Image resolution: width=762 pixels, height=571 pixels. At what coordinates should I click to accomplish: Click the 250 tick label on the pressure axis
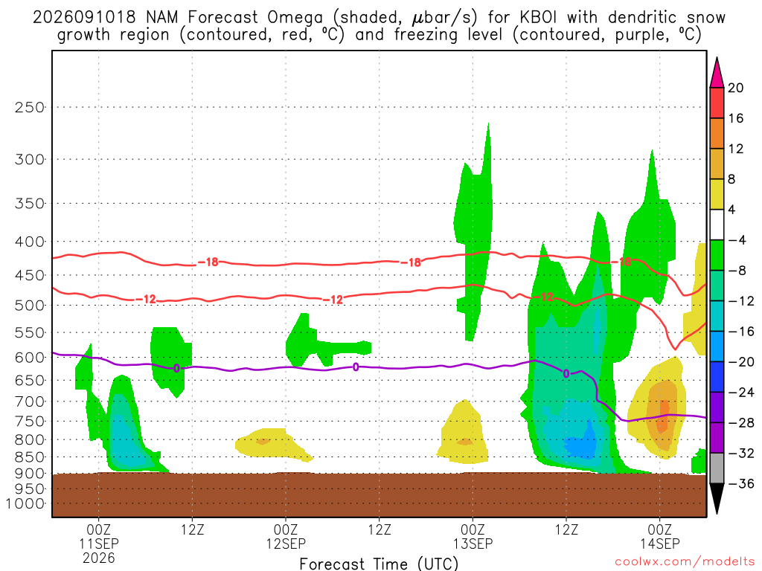coord(29,107)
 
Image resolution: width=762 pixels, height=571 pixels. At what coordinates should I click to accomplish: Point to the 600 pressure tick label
coord(29,358)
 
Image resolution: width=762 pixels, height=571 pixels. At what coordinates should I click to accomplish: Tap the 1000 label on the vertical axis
coord(25,503)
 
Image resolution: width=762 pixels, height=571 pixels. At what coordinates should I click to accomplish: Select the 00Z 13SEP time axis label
coord(473,536)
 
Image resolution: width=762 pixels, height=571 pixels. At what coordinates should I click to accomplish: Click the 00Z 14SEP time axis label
coord(659,536)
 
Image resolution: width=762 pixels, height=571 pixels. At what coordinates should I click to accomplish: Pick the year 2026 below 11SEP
coord(99,558)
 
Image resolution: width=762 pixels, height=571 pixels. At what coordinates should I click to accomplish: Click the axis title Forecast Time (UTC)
coord(379,564)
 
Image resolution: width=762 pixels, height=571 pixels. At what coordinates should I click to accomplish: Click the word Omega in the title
coord(295,18)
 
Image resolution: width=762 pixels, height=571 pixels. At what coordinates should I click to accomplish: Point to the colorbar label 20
coord(735,88)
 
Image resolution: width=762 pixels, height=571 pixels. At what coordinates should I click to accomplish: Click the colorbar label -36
coord(740,483)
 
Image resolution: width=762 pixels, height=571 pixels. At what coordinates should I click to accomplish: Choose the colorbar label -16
coord(740,332)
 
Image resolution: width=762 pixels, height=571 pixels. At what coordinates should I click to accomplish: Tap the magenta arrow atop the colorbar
coord(717,73)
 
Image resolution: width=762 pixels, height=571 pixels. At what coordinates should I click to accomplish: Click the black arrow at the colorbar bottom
coord(717,498)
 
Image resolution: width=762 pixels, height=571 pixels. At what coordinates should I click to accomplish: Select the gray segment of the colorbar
coord(717,468)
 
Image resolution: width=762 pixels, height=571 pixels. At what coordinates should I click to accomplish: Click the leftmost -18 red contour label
coord(209,262)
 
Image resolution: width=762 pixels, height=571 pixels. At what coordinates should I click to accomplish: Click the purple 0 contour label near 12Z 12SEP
coord(356,367)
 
